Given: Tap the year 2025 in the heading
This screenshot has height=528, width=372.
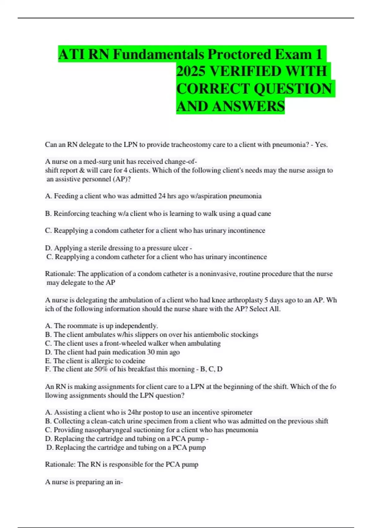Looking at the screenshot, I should tap(191, 71).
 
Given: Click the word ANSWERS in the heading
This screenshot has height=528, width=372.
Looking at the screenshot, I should tap(248, 106).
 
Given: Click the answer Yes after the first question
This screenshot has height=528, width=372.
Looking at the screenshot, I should tap(321, 145).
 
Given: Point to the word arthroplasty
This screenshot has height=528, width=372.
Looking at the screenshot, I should tap(243, 300).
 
